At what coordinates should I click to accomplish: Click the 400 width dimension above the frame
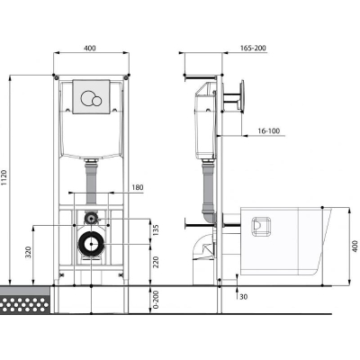pyautogui.click(x=90, y=48)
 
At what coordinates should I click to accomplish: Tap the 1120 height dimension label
pyautogui.click(x=4, y=177)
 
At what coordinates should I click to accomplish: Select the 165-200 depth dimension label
pyautogui.click(x=253, y=48)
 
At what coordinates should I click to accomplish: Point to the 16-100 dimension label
pyautogui.click(x=268, y=130)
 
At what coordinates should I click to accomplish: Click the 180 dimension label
pyautogui.click(x=138, y=187)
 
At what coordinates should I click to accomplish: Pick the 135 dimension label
pyautogui.click(x=156, y=230)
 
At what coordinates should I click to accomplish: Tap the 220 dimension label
pyautogui.click(x=156, y=262)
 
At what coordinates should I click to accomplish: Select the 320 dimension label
pyautogui.click(x=28, y=253)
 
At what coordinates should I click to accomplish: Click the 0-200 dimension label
pyautogui.click(x=156, y=300)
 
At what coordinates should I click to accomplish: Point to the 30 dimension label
pyautogui.click(x=244, y=297)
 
